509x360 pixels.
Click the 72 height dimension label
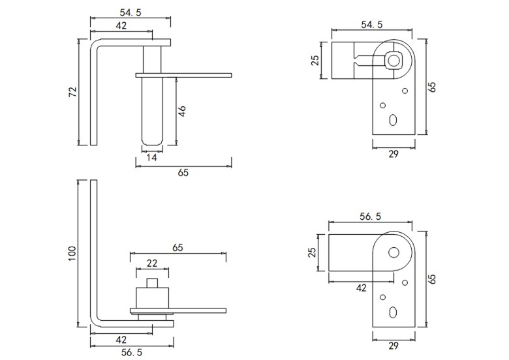(72, 92)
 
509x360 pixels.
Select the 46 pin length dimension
(183, 110)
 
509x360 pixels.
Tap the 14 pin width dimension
(151, 158)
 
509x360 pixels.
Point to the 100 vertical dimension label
(72, 252)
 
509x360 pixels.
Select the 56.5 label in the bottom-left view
(132, 352)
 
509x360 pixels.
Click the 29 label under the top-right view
(393, 154)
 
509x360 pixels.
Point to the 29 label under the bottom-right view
(393, 346)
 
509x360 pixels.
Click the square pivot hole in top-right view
(393, 60)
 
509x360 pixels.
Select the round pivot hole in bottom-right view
(393, 252)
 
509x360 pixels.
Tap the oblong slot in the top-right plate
(393, 120)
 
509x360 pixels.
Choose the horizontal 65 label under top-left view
(183, 173)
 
